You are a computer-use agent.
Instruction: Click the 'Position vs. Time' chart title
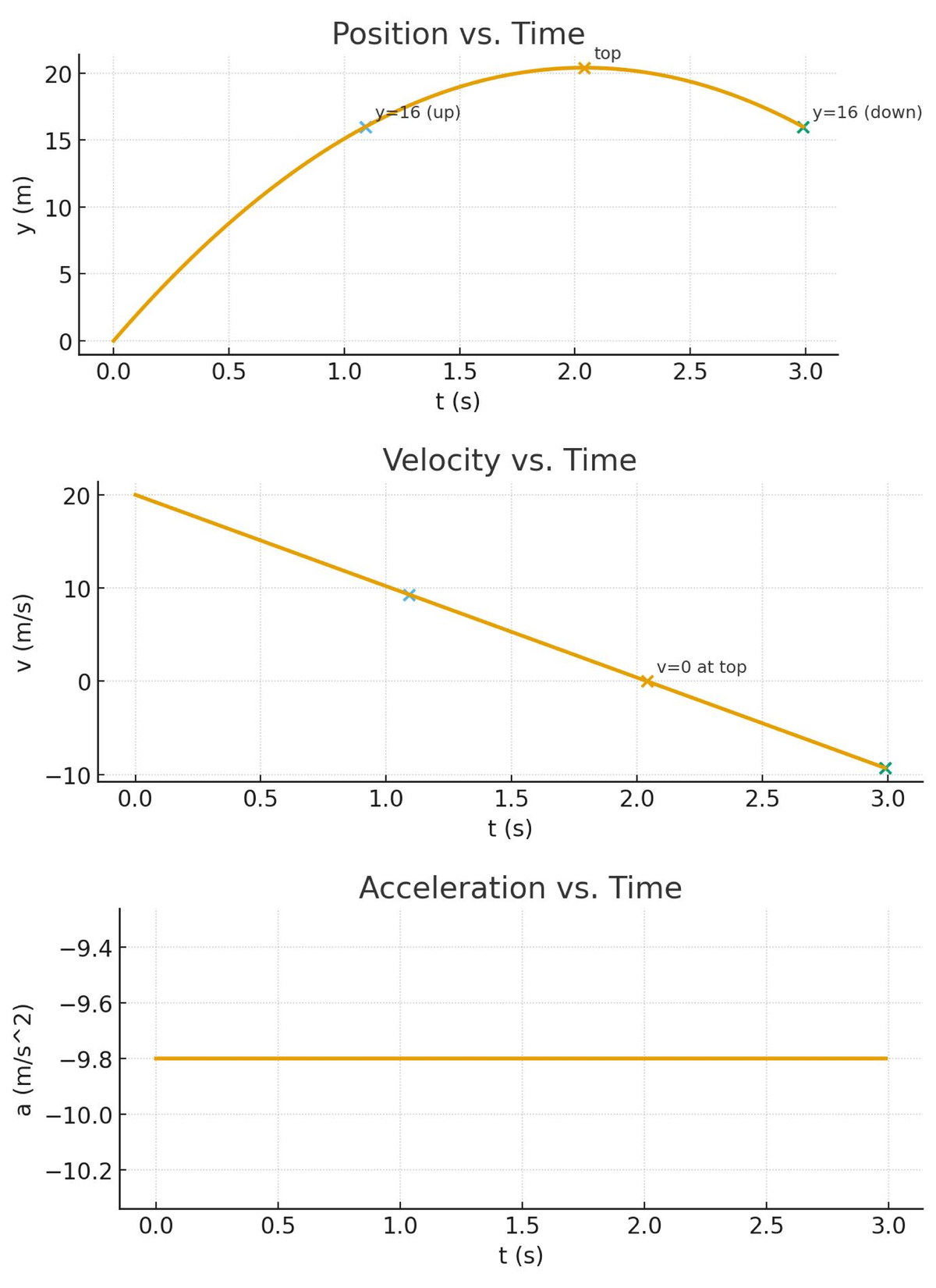coord(458,34)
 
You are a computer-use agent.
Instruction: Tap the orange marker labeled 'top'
coord(584,68)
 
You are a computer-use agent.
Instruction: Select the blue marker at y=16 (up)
coord(365,127)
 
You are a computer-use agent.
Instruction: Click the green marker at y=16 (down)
coord(803,127)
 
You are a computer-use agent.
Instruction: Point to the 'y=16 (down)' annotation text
coord(867,112)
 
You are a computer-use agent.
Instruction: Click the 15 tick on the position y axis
coord(58,141)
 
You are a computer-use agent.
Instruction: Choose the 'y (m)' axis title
coord(25,205)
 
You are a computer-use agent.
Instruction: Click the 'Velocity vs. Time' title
coord(509,461)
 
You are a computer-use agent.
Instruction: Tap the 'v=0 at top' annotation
coord(701,667)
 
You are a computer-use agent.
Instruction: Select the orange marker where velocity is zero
coord(647,681)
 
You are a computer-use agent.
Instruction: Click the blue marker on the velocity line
coord(409,595)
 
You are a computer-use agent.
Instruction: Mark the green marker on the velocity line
coord(885,768)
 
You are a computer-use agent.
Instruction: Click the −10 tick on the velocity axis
coord(68,776)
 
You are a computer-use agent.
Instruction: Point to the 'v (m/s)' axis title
coord(25,632)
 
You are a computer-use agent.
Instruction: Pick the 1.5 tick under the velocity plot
coord(511,799)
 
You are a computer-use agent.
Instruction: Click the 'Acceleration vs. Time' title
coord(520,888)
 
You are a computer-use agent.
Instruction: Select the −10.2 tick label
coord(76,1171)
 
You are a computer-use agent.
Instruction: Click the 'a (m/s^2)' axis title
coord(25,1059)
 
